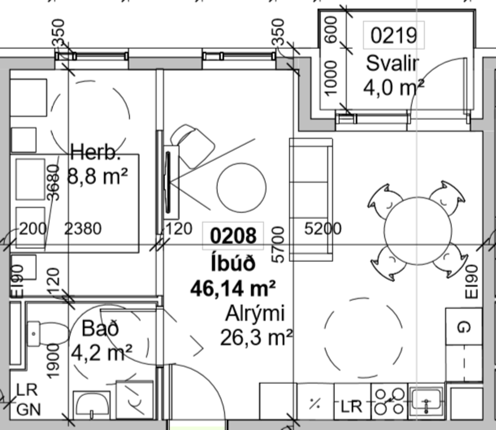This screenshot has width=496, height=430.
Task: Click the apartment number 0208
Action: coord(233,236)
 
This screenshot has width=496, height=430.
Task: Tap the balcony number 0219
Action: coord(394,35)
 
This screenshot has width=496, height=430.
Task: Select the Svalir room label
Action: coord(392,63)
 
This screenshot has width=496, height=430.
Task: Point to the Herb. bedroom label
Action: coord(95,152)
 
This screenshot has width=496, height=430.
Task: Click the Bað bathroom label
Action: coord(100,328)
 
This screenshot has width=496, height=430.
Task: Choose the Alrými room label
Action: coord(255,313)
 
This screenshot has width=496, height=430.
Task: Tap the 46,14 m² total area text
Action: coord(233,288)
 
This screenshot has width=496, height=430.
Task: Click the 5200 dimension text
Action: coord(323,228)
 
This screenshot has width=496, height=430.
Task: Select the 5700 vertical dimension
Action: coord(278,244)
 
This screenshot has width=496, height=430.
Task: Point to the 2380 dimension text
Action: coord(83,228)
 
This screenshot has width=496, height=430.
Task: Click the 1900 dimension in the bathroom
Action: coord(53,361)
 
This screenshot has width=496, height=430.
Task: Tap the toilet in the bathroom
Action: coord(48,334)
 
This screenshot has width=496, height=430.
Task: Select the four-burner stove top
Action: coord(389,402)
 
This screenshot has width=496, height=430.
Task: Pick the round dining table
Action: coord(417,231)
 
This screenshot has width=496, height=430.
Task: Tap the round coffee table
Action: coord(241,187)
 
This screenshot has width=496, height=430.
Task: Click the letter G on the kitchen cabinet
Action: coord(464,327)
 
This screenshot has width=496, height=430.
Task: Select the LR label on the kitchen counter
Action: coord(351,406)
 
